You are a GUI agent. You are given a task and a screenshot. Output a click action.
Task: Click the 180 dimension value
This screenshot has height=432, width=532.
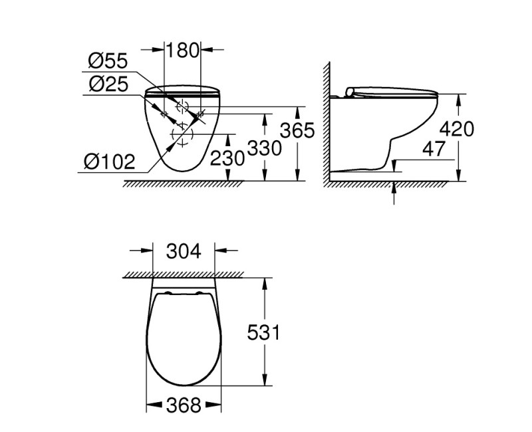[182, 49]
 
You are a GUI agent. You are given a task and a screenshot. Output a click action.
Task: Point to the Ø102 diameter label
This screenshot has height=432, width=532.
[109, 161]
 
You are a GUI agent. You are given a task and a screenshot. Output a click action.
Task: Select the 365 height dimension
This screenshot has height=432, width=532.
[297, 130]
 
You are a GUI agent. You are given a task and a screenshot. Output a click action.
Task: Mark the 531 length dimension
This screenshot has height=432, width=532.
[263, 332]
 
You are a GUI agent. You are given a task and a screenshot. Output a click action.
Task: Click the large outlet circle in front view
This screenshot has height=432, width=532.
[182, 135]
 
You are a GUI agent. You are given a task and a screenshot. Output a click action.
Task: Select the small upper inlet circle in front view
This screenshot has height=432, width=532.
[181, 107]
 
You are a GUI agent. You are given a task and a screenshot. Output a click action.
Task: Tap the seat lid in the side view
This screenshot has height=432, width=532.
[392, 92]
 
